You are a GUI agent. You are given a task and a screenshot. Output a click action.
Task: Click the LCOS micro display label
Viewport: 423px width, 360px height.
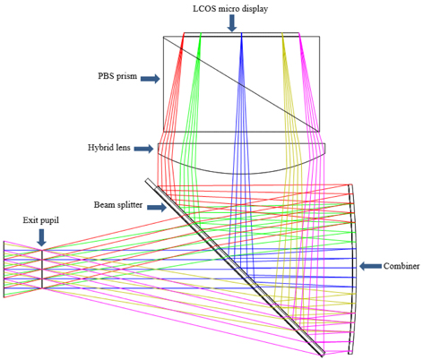[230, 9]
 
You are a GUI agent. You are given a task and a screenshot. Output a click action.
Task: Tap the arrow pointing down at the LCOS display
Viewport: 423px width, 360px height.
[232, 23]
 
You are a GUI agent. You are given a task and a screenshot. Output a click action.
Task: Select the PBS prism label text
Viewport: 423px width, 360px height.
[117, 76]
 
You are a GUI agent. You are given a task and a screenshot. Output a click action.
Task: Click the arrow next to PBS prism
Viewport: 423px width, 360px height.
[150, 79]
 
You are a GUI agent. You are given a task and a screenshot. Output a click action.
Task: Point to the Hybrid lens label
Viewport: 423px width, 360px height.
[109, 148]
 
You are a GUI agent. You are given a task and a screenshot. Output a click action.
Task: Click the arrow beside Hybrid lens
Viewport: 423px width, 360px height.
[143, 149]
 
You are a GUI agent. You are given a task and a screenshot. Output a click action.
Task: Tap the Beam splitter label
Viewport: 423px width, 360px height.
[118, 205]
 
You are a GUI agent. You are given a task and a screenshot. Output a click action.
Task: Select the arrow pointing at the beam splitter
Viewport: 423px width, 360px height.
[157, 207]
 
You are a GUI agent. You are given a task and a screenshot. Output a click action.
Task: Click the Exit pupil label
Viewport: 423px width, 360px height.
[41, 220]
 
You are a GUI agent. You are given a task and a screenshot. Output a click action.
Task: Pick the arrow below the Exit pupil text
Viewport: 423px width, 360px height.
[42, 238]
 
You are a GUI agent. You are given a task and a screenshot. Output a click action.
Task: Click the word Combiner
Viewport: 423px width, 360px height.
[401, 266]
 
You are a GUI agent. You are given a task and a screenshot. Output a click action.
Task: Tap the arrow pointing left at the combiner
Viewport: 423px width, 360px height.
[370, 266]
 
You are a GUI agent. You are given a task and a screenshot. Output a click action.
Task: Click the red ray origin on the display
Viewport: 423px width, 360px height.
[184, 33]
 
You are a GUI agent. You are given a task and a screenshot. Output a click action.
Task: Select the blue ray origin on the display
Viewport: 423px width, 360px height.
[241, 33]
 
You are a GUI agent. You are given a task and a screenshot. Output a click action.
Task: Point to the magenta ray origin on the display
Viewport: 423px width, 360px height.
[299, 33]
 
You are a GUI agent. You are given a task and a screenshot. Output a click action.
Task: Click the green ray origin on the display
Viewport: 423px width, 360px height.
[201, 33]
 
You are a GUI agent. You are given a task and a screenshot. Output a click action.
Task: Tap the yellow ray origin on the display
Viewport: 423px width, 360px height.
[282, 33]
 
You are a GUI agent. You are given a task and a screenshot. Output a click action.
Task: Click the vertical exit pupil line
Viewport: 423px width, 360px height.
[42, 270]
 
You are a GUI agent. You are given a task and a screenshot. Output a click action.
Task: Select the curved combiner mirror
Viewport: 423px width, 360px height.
[354, 269]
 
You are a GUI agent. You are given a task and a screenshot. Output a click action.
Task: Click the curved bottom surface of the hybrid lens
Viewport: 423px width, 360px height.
[241, 174]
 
